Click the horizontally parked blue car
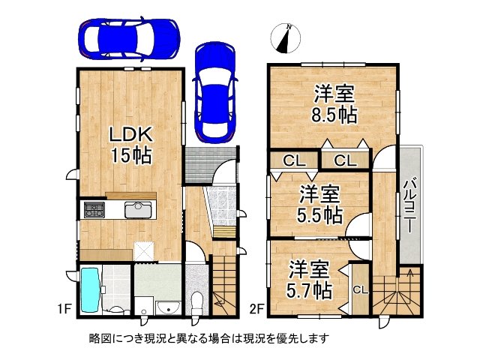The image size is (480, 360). tap(129, 38)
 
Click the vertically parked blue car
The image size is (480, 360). tap(215, 92)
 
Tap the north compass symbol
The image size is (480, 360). tap(285, 38)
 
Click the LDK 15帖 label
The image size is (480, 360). tap(131, 145)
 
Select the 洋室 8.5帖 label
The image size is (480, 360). tap(334, 104)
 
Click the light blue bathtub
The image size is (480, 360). tap(90, 290)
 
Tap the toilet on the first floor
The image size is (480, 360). tap(196, 303)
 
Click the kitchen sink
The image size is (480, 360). tap(138, 210)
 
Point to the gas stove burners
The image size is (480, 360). tap(94, 210)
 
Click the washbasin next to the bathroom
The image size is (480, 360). tap(168, 308)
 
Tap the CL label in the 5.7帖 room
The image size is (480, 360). tap(361, 290)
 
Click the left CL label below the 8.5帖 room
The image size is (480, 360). tap(294, 160)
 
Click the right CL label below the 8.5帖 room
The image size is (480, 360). tap(346, 160)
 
